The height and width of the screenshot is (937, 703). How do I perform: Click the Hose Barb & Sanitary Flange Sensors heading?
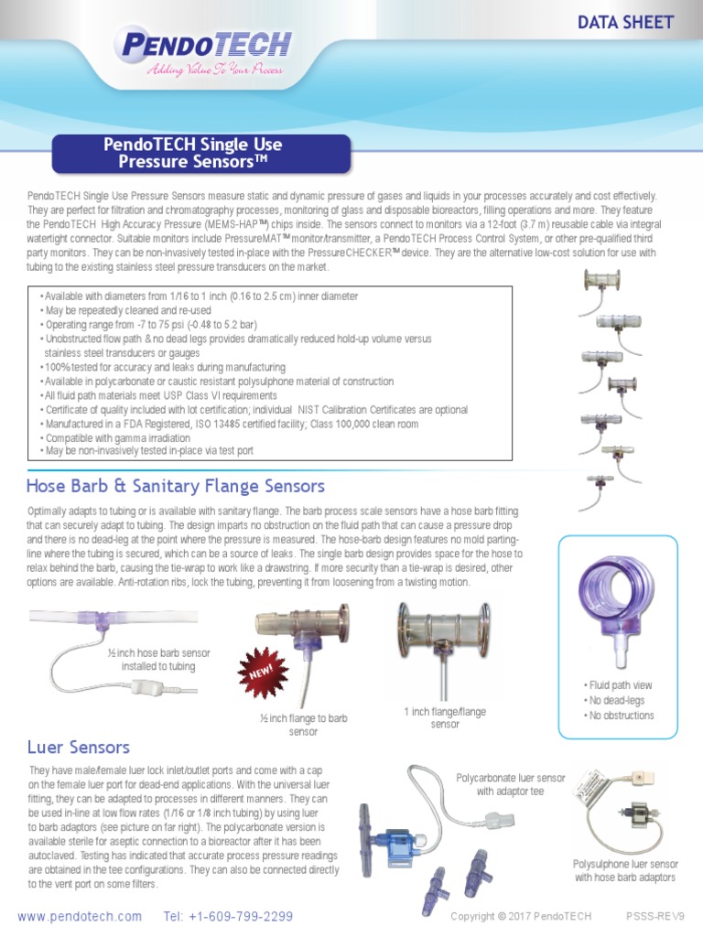pyautogui.click(x=176, y=486)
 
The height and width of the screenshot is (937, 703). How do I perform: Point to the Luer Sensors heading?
pyautogui.click(x=79, y=748)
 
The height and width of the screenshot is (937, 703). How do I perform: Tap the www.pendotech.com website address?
pyautogui.click(x=80, y=916)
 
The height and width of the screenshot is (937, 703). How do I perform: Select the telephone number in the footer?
pyautogui.click(x=229, y=916)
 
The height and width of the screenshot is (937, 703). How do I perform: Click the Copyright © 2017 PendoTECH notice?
pyautogui.click(x=535, y=916)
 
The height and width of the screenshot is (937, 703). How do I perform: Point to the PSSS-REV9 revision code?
pyautogui.click(x=654, y=916)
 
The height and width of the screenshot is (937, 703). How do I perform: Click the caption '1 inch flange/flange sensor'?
pyautogui.click(x=445, y=717)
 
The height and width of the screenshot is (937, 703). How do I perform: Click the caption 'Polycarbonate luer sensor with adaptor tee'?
pyautogui.click(x=511, y=784)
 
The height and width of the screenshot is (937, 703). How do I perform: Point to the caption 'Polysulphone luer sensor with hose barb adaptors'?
pyautogui.click(x=626, y=870)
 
